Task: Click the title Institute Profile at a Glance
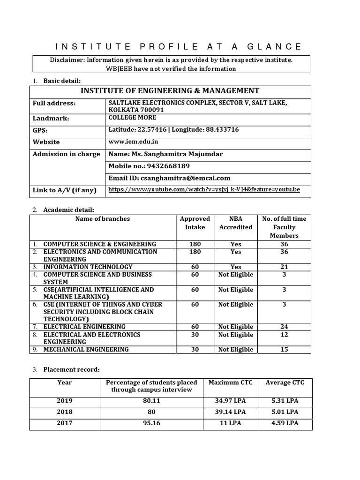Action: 179,46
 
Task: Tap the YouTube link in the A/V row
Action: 204,190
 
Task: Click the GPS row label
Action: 40,130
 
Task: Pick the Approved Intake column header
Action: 195,223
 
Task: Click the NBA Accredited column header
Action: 236,223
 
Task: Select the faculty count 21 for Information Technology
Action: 284,267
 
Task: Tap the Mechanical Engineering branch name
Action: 86,349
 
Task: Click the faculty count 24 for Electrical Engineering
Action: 284,327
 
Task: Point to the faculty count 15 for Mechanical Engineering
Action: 284,349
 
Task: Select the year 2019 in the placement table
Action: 65,401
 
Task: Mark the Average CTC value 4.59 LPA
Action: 285,423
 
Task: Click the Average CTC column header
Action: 285,382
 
